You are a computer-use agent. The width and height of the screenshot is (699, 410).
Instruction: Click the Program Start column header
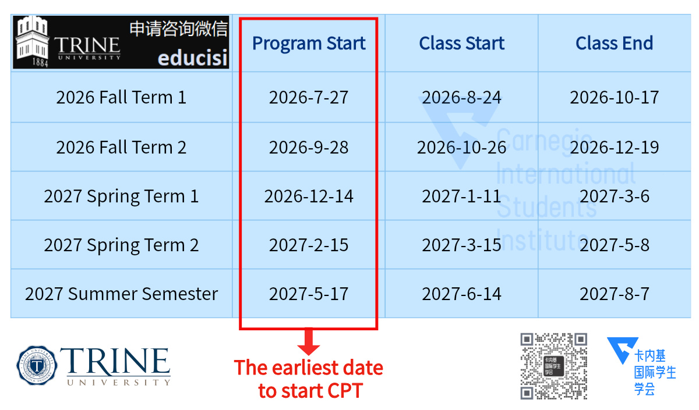pyautogui.click(x=309, y=43)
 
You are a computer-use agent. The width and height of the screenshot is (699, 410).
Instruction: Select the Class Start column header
pyautogui.click(x=461, y=43)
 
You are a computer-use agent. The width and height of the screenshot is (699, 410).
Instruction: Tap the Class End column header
pyautogui.click(x=614, y=43)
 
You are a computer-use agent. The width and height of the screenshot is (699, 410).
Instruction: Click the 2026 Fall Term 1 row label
pyautogui.click(x=121, y=97)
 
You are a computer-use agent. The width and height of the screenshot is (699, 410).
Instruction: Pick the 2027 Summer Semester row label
pyautogui.click(x=121, y=294)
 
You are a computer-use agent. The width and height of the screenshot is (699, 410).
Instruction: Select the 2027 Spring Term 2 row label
pyautogui.click(x=121, y=245)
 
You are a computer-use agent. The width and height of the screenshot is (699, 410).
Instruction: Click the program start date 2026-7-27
pyautogui.click(x=309, y=97)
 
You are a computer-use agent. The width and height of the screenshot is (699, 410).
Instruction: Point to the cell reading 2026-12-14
pyautogui.click(x=309, y=197)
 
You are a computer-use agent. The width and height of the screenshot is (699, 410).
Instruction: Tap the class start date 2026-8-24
pyautogui.click(x=461, y=97)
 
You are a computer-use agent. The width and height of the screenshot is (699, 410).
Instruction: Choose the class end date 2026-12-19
pyautogui.click(x=614, y=147)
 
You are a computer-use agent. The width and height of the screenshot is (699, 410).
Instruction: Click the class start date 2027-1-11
pyautogui.click(x=461, y=197)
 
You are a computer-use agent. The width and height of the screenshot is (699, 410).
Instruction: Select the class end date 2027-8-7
pyautogui.click(x=614, y=294)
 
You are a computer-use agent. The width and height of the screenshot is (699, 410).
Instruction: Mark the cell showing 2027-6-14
pyautogui.click(x=461, y=294)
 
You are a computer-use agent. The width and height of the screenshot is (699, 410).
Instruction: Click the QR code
pyautogui.click(x=553, y=366)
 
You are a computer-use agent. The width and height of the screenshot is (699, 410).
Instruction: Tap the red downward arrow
pyautogui.click(x=309, y=341)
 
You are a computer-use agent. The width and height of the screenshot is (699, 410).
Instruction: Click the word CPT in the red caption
pyautogui.click(x=343, y=391)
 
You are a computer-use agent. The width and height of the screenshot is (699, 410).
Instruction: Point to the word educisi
pyautogui.click(x=193, y=58)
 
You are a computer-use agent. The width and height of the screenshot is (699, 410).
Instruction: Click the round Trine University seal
pyautogui.click(x=37, y=365)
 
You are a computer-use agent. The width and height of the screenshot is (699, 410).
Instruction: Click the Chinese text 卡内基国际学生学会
pyautogui.click(x=655, y=373)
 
